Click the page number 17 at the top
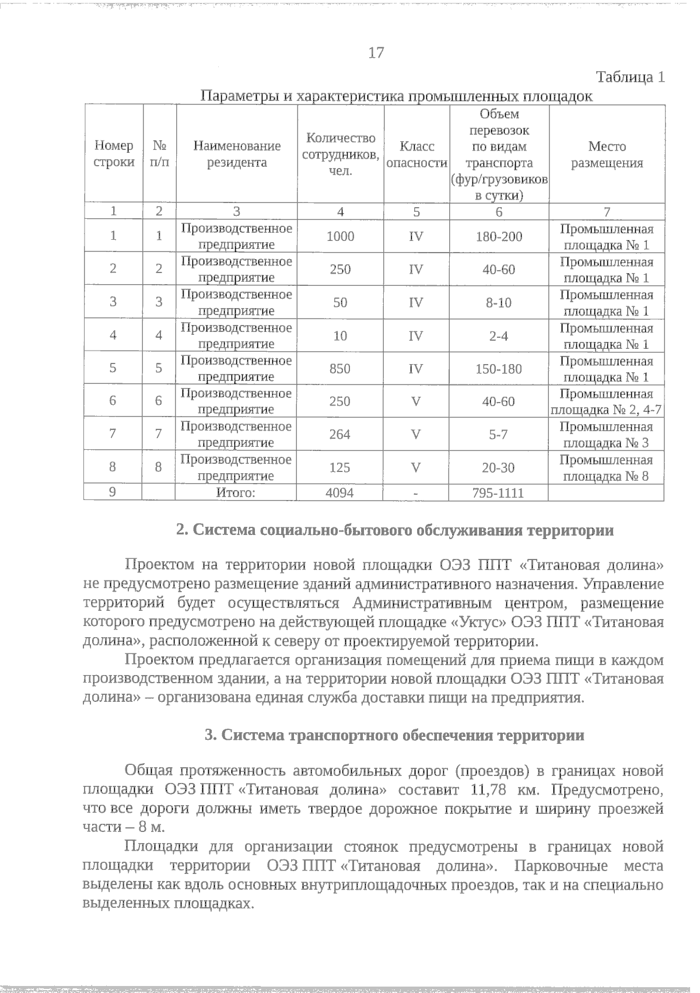(x=376, y=53)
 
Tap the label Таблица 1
(x=630, y=77)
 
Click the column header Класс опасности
(x=416, y=155)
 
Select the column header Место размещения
(x=607, y=155)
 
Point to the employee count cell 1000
(x=340, y=236)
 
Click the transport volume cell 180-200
(x=498, y=236)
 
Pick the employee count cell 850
(x=340, y=369)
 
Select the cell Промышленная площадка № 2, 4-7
(x=607, y=401)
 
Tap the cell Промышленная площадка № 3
(x=607, y=435)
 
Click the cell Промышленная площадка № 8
(x=607, y=468)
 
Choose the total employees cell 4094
(x=339, y=493)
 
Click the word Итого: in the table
(x=236, y=493)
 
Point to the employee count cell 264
(x=340, y=435)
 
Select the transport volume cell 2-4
(x=498, y=336)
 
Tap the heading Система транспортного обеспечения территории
(x=394, y=735)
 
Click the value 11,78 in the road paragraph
(x=487, y=791)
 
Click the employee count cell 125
(x=340, y=468)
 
